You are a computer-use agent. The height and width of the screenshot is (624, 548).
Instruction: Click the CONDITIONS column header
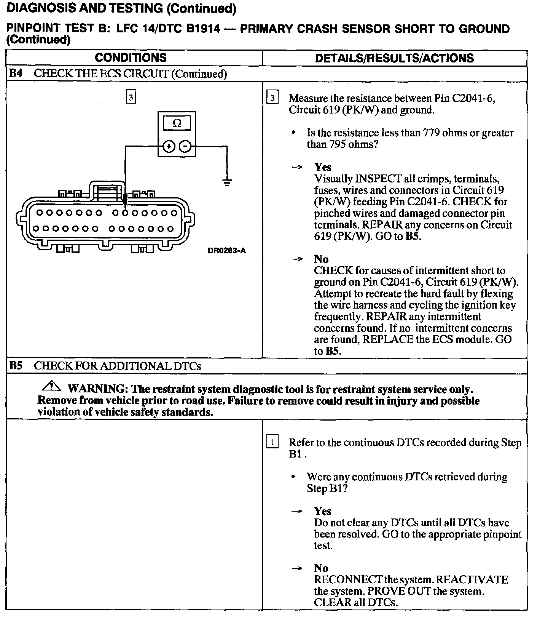(x=131, y=58)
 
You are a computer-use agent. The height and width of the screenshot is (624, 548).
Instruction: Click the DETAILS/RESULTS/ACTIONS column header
(x=395, y=58)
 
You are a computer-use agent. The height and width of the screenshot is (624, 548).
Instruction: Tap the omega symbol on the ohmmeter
(x=177, y=123)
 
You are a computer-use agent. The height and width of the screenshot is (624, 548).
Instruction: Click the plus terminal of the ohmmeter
(x=169, y=146)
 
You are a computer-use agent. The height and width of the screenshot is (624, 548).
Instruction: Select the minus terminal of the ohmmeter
(x=185, y=146)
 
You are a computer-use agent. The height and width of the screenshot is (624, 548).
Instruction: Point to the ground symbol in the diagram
(x=227, y=182)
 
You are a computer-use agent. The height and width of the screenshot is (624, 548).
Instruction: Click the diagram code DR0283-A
(x=227, y=251)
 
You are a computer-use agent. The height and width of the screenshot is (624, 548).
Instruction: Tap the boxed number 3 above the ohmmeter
(x=131, y=98)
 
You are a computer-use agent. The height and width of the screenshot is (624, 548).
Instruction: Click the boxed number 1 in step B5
(x=272, y=443)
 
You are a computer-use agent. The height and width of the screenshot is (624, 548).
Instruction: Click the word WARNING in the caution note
(x=97, y=389)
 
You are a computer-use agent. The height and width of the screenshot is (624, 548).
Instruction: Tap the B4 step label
(x=16, y=74)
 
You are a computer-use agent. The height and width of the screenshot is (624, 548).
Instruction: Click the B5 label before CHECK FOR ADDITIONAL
(x=16, y=366)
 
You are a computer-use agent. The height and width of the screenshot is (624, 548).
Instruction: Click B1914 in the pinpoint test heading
(x=203, y=29)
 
